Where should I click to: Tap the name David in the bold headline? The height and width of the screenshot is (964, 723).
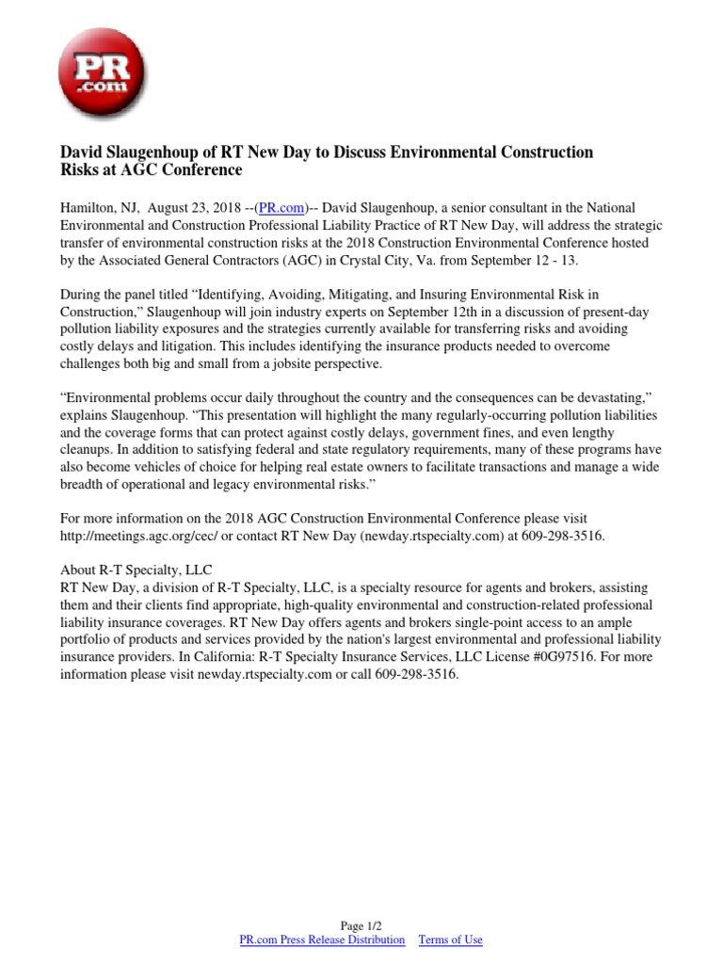click(x=84, y=152)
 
